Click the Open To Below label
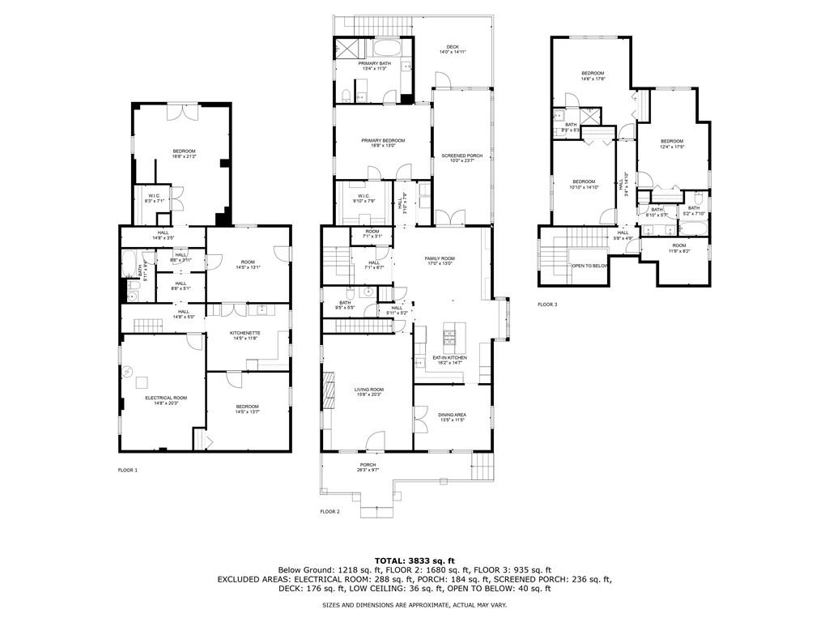[589, 266]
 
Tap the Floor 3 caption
[547, 305]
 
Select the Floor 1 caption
[128, 470]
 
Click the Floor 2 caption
[329, 512]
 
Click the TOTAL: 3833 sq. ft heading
[414, 560]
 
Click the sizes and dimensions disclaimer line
[414, 605]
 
